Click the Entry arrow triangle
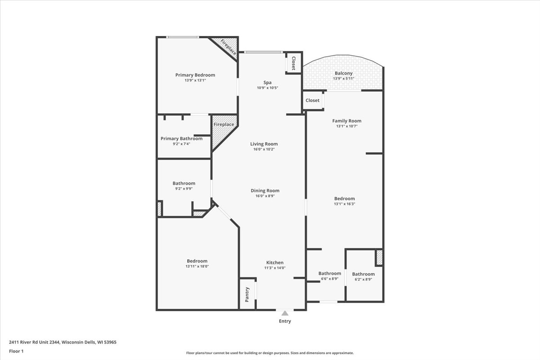point(285,313)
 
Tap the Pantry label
point(247,294)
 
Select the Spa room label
point(267,82)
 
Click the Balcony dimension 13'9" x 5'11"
point(343,79)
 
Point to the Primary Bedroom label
point(195,75)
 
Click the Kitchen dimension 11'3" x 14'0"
point(275,268)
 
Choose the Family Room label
point(346,121)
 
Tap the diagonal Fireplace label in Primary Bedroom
point(228,47)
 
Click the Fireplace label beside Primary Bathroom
point(224,124)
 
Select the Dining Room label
point(265,190)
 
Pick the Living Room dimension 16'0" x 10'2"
point(264,149)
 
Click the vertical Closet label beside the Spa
point(293,63)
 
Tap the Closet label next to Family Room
point(312,100)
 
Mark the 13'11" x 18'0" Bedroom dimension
point(197,266)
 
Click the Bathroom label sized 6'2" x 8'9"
point(363,274)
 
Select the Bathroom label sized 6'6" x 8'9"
point(330,274)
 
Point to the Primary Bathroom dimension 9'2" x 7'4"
point(181,144)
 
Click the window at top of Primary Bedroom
point(183,37)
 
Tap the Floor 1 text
point(16,351)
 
